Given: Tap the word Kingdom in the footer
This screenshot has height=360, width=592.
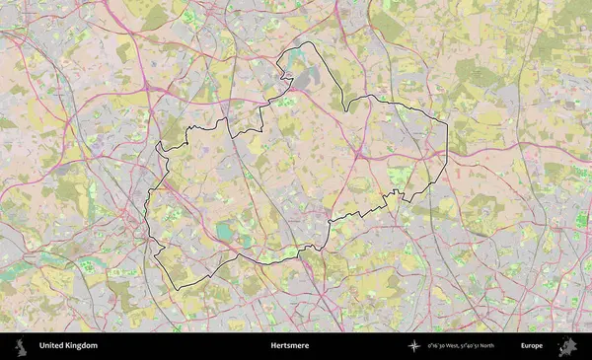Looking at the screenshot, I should click(x=82, y=346).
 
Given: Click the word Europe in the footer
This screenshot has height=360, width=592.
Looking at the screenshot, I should click(x=532, y=346).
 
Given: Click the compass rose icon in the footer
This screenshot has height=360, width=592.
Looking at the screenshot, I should click(x=414, y=346).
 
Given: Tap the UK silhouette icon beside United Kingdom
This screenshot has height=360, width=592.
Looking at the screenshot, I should click(x=20, y=346).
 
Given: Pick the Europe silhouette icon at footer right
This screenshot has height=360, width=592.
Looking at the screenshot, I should click(x=566, y=346).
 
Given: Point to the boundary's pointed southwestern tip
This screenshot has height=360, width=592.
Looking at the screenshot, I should click(x=177, y=289).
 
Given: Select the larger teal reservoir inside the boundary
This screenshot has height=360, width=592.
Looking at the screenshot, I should click(x=226, y=232).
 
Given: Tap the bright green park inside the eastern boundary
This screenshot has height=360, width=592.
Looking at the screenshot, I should click(x=399, y=177).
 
